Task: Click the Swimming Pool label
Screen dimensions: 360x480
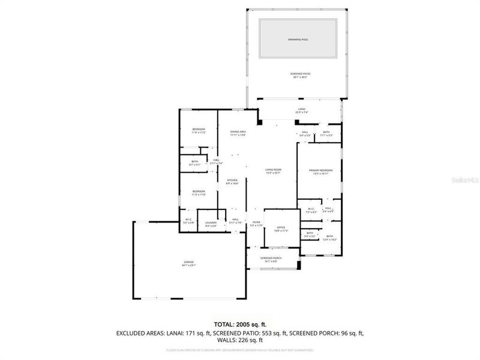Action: pyautogui.click(x=297, y=39)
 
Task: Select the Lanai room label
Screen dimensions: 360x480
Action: pyautogui.click(x=301, y=110)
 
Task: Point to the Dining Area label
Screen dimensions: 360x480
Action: pyautogui.click(x=238, y=132)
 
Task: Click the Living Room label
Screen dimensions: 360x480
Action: pyautogui.click(x=273, y=170)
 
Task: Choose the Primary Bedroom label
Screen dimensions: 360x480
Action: pyautogui.click(x=321, y=171)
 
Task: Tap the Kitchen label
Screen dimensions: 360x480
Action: pyautogui.click(x=232, y=181)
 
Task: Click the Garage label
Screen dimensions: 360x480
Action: pyautogui.click(x=189, y=263)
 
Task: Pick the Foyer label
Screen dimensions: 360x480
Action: pyautogui.click(x=256, y=223)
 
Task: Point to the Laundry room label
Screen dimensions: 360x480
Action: pyautogui.click(x=211, y=223)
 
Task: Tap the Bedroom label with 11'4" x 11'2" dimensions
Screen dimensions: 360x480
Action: pyautogui.click(x=199, y=130)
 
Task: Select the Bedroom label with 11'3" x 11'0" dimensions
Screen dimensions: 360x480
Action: pyautogui.click(x=199, y=191)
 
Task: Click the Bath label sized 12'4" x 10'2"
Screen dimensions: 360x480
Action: pyautogui.click(x=329, y=236)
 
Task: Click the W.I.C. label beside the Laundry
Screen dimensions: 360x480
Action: pyautogui.click(x=188, y=220)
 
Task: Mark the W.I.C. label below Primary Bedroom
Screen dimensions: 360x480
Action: pyautogui.click(x=311, y=209)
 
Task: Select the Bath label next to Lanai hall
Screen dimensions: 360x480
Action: pyautogui.click(x=326, y=133)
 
